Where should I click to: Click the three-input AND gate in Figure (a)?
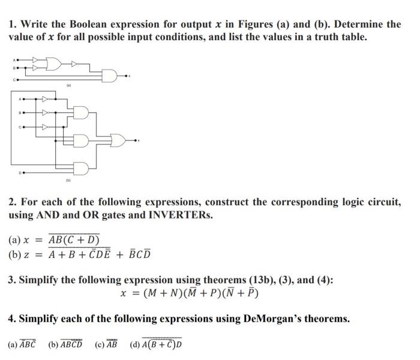pyautogui.click(x=110, y=75)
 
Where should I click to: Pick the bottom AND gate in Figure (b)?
pyautogui.click(x=81, y=167)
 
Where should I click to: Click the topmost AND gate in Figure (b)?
pyautogui.click(x=81, y=112)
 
